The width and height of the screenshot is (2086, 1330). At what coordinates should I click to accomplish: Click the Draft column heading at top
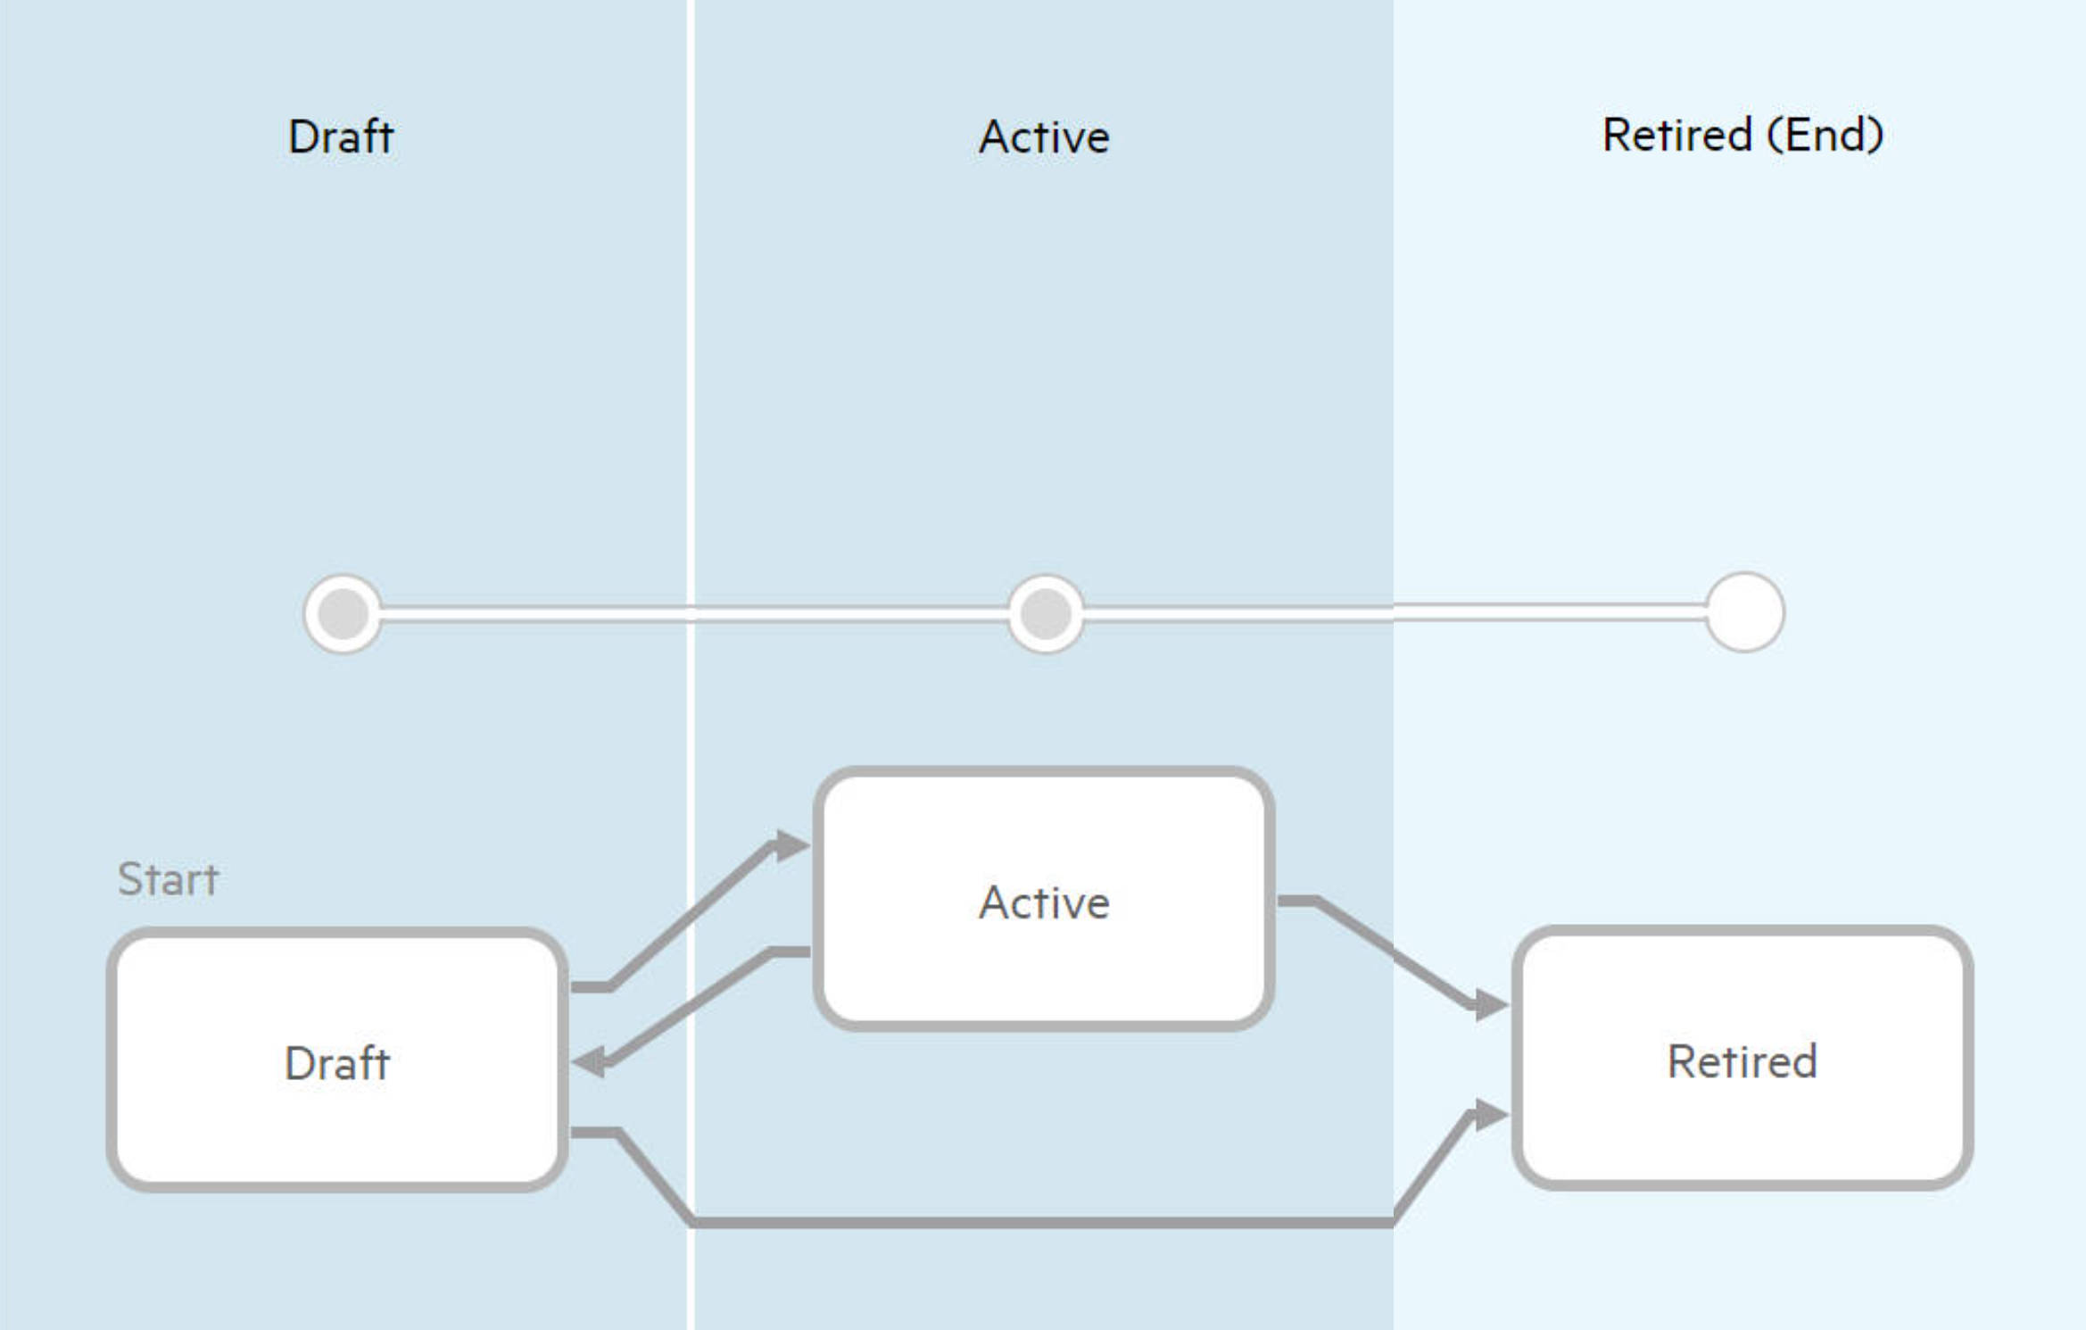tap(340, 137)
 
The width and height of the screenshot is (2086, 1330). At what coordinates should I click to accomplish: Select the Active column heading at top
tap(1043, 137)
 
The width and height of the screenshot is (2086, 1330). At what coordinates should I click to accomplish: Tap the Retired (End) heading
tap(1742, 136)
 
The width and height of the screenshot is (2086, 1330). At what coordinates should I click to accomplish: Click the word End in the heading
tap(1825, 136)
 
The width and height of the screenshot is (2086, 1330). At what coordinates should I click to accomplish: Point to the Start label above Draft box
tap(168, 879)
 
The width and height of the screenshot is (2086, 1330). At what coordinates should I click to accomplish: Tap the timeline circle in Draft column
tap(344, 613)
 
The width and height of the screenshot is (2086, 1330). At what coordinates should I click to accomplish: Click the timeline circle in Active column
tap(1046, 613)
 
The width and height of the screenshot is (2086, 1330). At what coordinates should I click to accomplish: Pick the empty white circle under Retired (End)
tap(1744, 612)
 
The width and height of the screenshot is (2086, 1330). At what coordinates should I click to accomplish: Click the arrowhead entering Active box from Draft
tap(790, 844)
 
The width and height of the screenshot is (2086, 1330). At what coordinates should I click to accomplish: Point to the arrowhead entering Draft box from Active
tap(590, 1062)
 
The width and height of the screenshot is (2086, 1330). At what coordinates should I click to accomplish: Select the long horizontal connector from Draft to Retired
tap(1043, 1222)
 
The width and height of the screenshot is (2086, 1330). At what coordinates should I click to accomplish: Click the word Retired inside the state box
tap(1742, 1061)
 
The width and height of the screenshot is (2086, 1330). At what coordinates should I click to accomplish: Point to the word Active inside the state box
tap(1043, 902)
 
